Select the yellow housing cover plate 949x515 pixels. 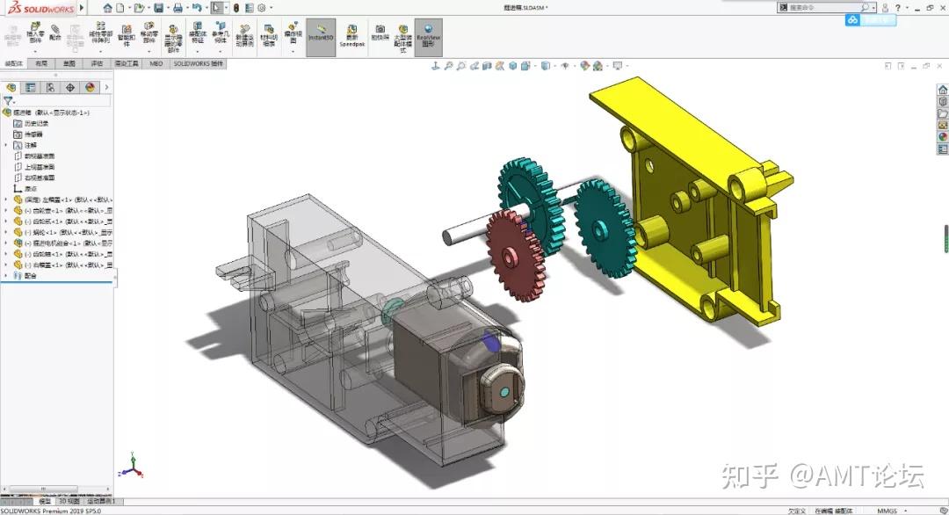(x=694, y=211)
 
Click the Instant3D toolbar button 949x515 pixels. (x=321, y=38)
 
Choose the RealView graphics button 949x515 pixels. (x=428, y=38)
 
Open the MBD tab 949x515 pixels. (x=156, y=63)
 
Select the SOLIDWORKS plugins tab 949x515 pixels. (x=199, y=63)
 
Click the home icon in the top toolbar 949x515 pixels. (x=107, y=8)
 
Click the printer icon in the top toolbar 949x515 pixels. (x=178, y=8)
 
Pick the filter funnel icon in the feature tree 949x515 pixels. (x=8, y=101)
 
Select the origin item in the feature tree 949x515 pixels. (x=30, y=188)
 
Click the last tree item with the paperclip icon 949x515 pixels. (x=30, y=275)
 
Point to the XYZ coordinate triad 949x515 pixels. (x=131, y=466)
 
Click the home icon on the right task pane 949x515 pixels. (x=943, y=90)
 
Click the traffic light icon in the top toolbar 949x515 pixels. (x=235, y=8)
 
